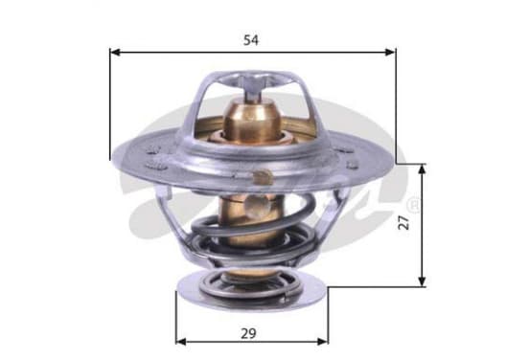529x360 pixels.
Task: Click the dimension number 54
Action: tap(251, 40)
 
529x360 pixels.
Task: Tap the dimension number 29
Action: tap(248, 333)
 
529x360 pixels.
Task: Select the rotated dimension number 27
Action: tap(403, 223)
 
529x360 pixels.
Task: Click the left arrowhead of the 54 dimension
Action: tap(115, 53)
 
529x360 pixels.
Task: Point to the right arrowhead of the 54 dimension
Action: tap(390, 53)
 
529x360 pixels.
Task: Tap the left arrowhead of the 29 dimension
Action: tap(181, 342)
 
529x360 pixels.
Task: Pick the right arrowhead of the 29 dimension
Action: tap(322, 342)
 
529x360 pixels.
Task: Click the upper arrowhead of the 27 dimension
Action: tap(422, 169)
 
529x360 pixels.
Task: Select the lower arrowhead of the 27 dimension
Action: tap(422, 281)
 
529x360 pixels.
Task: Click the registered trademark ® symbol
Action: tap(413, 205)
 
